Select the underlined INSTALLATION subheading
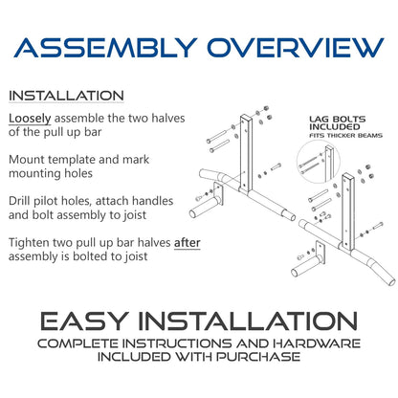pos(65,96)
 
